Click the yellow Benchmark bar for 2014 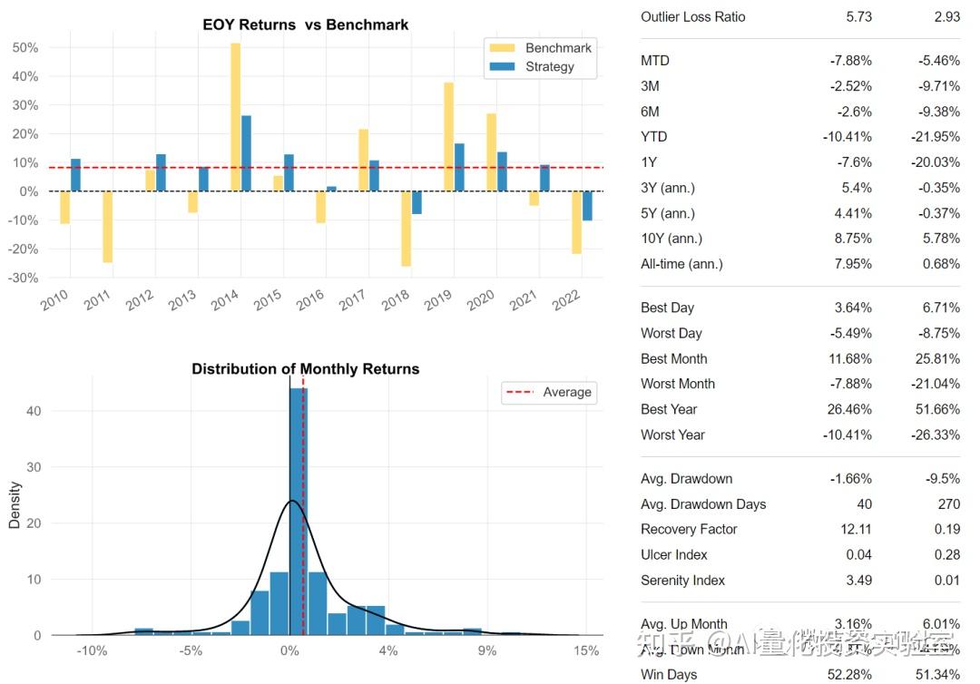235,117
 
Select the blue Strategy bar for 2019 460,167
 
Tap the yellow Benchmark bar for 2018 407,229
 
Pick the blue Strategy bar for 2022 588,206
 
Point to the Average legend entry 549,393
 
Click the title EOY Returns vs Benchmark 305,24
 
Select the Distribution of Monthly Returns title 305,369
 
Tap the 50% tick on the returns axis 25,48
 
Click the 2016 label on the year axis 309,298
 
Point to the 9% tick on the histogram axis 487,650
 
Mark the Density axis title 15,505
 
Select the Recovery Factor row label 689,530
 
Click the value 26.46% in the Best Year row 848,410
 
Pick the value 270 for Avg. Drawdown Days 947,504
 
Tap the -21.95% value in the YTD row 935,137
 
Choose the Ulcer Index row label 673,555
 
